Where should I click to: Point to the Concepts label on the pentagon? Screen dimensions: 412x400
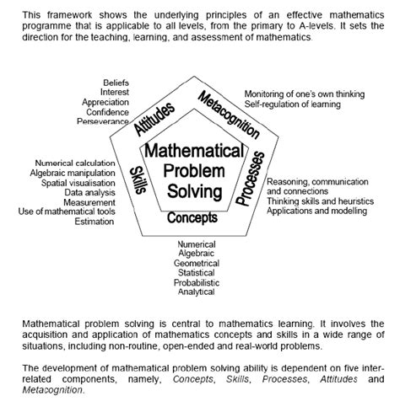point(192,218)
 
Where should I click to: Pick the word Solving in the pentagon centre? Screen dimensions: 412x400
point(195,192)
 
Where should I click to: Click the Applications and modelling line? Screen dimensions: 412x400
point(315,210)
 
